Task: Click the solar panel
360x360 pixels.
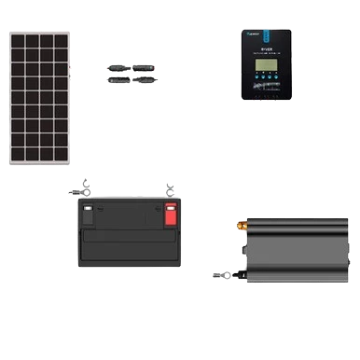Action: pyautogui.click(x=39, y=98)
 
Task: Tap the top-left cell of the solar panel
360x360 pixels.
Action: pyautogui.click(x=19, y=42)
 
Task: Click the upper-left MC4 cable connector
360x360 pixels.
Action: pyautogui.click(x=118, y=67)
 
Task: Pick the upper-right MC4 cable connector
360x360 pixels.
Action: pyautogui.click(x=145, y=67)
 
